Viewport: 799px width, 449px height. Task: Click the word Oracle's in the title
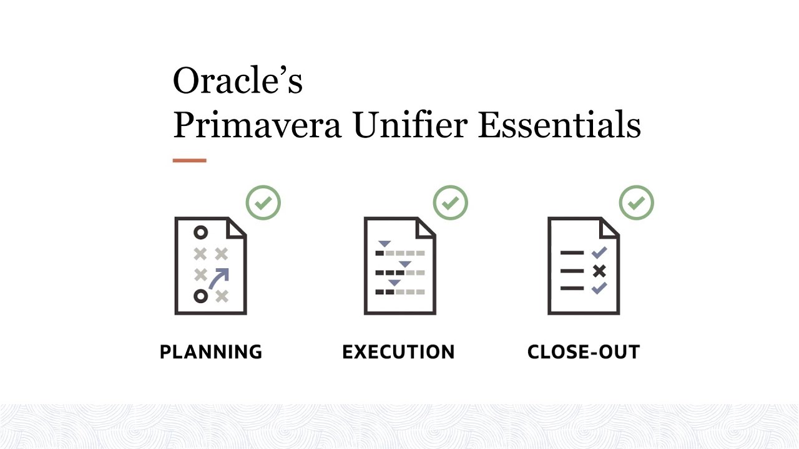(x=237, y=80)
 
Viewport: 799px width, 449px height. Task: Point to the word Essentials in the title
(x=559, y=125)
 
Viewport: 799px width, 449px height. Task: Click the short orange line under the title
(x=189, y=161)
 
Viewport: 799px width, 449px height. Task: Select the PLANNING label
(x=211, y=352)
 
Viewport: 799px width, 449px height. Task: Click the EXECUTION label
(x=398, y=352)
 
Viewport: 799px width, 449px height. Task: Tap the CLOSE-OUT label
(x=584, y=352)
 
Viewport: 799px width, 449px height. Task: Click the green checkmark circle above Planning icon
(x=263, y=203)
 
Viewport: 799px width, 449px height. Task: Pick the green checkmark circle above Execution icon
(x=450, y=203)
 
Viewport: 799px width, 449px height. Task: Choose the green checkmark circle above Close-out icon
(x=636, y=203)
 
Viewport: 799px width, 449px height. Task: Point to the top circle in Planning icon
(x=200, y=233)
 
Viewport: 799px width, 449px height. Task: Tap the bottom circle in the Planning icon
(x=200, y=296)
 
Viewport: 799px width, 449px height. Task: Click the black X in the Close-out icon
(x=599, y=271)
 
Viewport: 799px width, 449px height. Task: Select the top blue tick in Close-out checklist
(x=599, y=253)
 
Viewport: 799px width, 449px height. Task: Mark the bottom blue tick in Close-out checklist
(x=599, y=288)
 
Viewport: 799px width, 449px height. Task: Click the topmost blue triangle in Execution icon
(x=384, y=243)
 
